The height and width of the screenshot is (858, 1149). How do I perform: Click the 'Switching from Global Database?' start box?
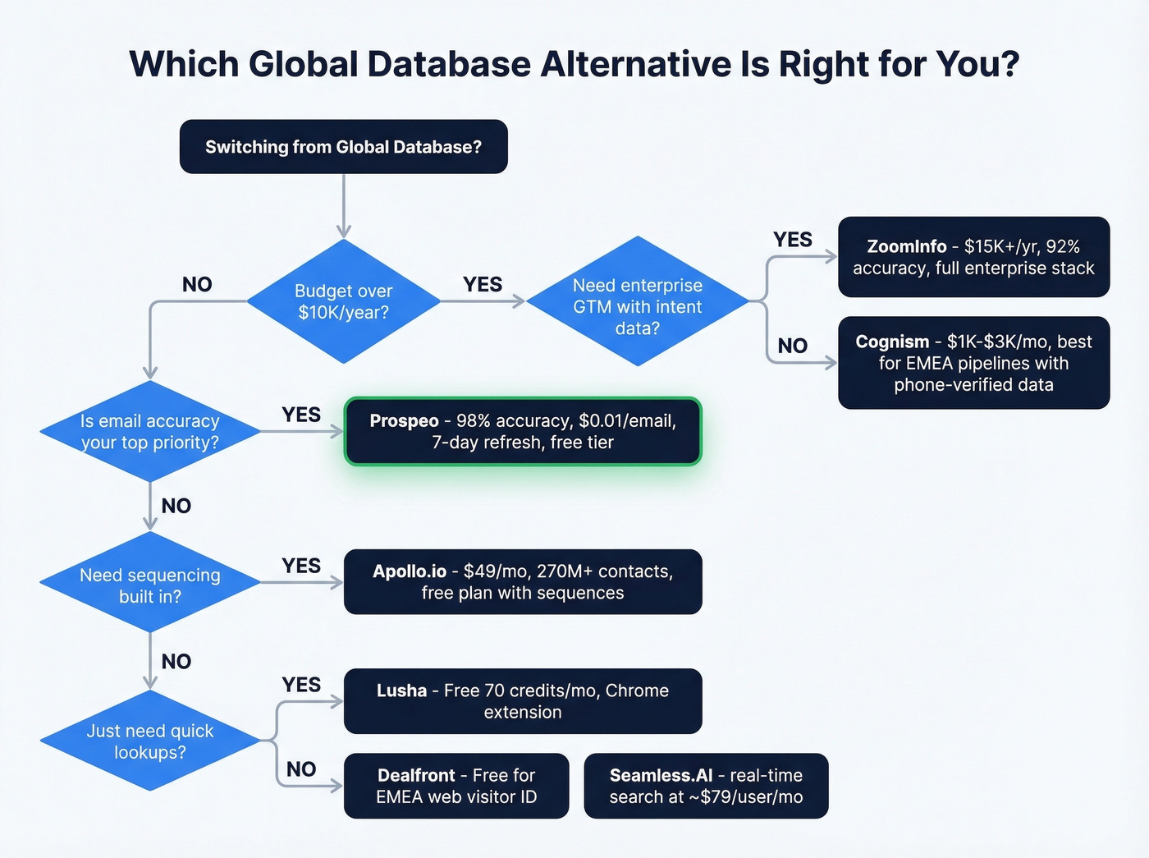(x=343, y=147)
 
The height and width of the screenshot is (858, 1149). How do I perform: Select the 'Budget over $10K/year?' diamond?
(x=343, y=301)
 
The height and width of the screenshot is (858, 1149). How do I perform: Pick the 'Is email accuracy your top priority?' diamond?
(x=149, y=431)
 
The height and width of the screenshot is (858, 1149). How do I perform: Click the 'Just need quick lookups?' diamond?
(x=149, y=741)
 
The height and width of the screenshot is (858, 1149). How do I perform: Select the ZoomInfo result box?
(x=973, y=257)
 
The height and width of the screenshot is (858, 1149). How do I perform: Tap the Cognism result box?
(x=973, y=363)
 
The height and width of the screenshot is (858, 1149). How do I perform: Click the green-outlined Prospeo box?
(x=523, y=431)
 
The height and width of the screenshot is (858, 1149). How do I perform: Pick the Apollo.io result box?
(x=523, y=582)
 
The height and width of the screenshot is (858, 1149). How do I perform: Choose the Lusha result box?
(x=523, y=701)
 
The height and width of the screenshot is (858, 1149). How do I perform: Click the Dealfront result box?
(x=456, y=786)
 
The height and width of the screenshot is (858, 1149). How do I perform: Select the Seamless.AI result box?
(x=706, y=786)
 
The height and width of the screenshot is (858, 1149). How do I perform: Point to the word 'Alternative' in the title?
(x=637, y=64)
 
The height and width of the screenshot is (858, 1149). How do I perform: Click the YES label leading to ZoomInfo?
(x=792, y=240)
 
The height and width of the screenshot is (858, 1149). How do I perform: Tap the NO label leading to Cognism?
(x=792, y=346)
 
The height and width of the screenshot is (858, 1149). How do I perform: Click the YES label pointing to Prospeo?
(x=301, y=415)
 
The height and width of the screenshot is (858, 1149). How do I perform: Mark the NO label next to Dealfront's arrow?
(x=301, y=769)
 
